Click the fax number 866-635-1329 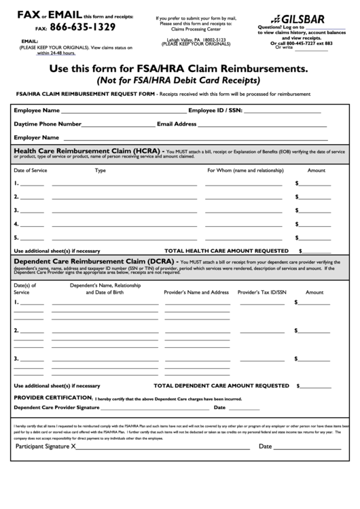pos(82,27)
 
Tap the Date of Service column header pos(31,171)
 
